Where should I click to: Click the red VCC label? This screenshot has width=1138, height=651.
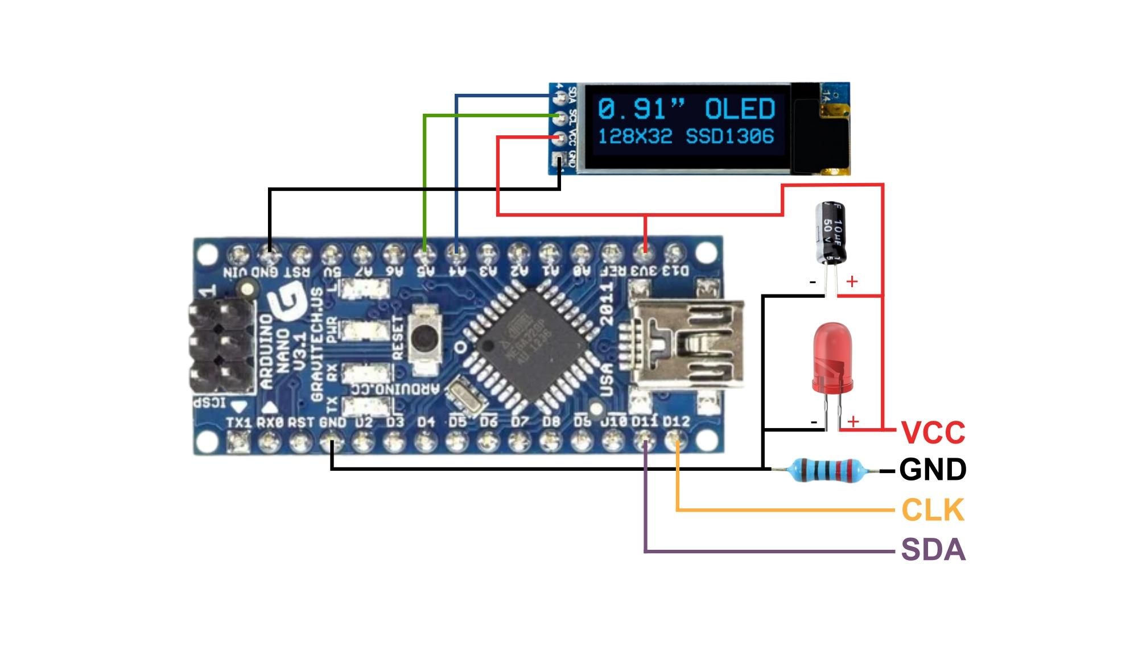click(933, 432)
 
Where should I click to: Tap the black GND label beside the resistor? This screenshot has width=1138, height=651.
click(933, 470)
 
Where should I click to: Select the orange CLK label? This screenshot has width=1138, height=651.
click(933, 510)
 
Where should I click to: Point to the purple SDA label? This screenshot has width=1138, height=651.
click(933, 550)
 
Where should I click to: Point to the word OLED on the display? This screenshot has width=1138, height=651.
click(740, 109)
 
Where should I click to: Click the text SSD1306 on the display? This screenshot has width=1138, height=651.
click(730, 136)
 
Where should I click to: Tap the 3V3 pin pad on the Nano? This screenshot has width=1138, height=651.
click(645, 251)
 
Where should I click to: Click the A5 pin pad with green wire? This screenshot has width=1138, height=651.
click(424, 251)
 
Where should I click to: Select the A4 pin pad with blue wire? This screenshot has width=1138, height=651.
click(456, 251)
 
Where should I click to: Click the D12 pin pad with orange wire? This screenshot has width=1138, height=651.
click(677, 441)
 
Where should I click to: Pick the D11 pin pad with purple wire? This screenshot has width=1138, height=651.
click(645, 441)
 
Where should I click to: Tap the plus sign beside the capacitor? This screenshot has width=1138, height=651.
click(852, 281)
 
